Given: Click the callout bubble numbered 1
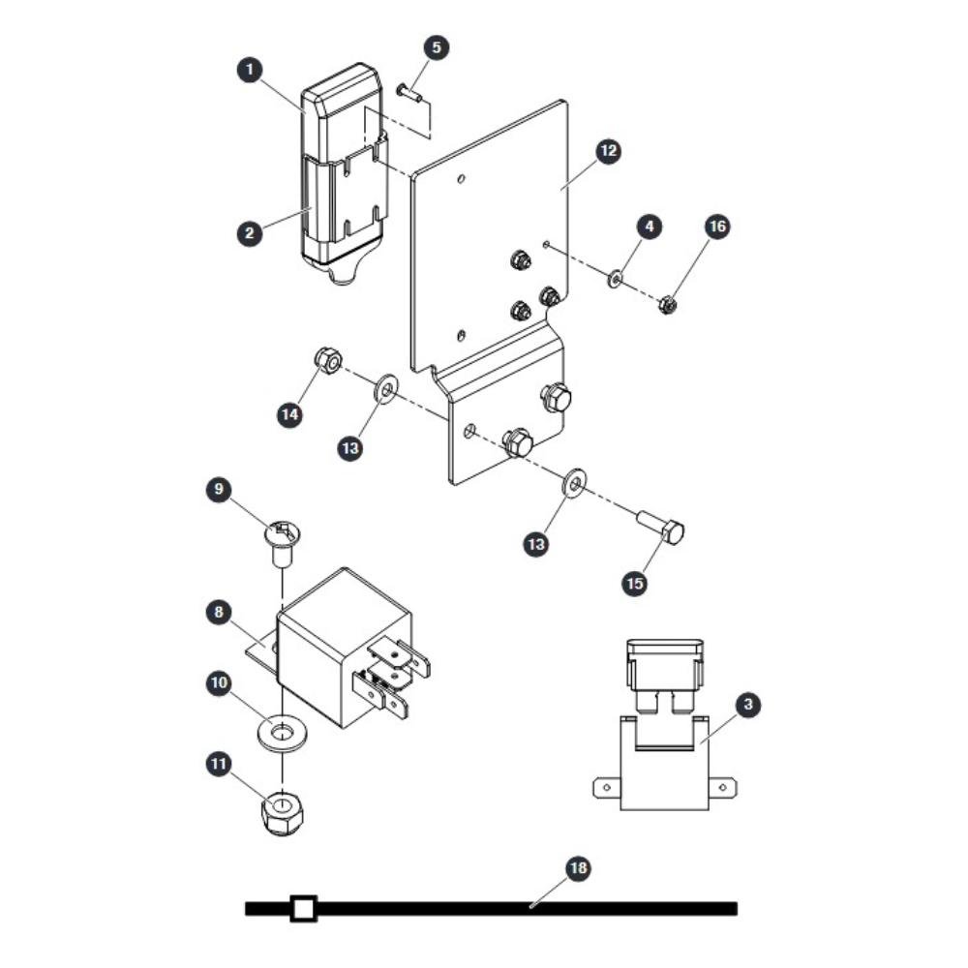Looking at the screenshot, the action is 250,69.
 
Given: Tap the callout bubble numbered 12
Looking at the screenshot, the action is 609,151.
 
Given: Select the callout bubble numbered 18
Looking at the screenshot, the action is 579,868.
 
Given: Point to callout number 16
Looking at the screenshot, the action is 718,227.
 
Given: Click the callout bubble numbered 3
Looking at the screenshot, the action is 748,705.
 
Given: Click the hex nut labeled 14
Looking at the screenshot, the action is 328,360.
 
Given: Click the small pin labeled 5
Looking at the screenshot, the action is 408,92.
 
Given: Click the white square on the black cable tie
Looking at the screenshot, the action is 302,908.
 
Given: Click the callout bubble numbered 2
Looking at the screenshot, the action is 250,233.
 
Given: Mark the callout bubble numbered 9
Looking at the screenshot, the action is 219,490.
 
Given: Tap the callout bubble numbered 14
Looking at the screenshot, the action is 289,414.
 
